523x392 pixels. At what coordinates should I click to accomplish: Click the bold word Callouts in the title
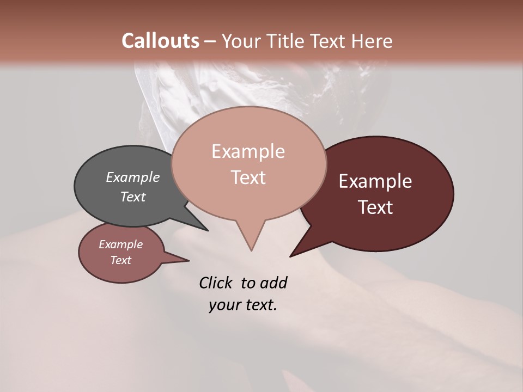pos(160,41)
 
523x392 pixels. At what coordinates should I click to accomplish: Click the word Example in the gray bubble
pos(133,177)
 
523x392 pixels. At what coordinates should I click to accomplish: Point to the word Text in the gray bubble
pos(133,197)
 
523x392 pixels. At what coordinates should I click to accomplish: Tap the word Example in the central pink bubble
pos(248,151)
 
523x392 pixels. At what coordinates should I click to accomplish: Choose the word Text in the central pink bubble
pos(248,177)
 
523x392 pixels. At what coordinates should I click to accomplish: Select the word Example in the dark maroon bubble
pos(375,181)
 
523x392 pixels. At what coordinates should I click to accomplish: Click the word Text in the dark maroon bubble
pos(375,207)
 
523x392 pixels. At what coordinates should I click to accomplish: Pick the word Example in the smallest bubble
pos(120,244)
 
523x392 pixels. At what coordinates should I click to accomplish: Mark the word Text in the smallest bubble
pos(120,260)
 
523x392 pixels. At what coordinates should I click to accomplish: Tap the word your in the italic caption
pos(223,305)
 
